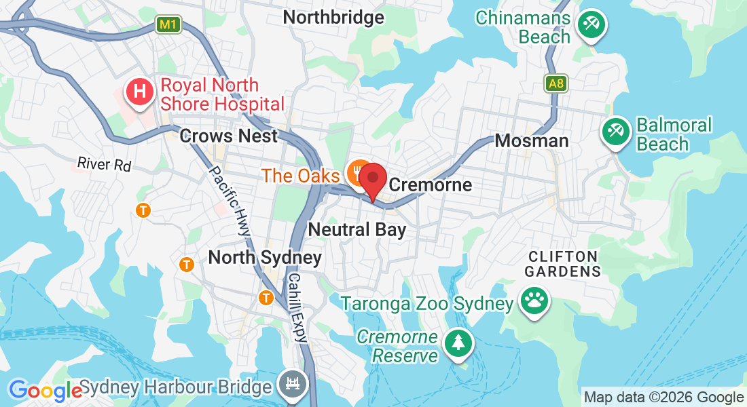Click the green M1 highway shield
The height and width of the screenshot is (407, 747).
(169, 25)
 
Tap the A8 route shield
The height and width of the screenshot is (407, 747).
(555, 84)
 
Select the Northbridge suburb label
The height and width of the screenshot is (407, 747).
(333, 17)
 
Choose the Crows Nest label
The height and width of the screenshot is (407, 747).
(229, 136)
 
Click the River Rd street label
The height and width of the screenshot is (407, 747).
(104, 163)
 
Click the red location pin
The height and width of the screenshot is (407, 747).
(373, 180)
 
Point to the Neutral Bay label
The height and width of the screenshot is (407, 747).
(357, 229)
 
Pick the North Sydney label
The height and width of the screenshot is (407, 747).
(265, 258)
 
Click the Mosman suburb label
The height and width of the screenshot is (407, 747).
(532, 140)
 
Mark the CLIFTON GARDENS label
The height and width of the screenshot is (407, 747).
(564, 263)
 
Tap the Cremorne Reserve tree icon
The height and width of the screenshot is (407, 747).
(458, 342)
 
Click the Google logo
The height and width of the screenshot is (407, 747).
(45, 390)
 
